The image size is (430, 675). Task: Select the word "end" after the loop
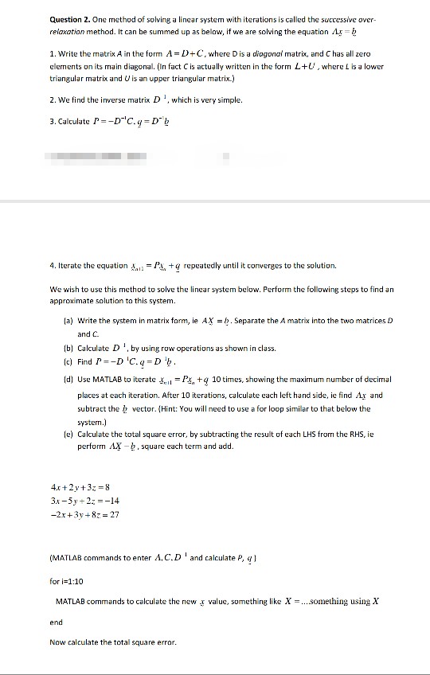[56, 622]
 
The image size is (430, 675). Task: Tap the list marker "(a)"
[68, 320]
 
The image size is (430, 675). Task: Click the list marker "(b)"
[68, 348]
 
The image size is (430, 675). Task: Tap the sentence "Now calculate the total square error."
[112, 642]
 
